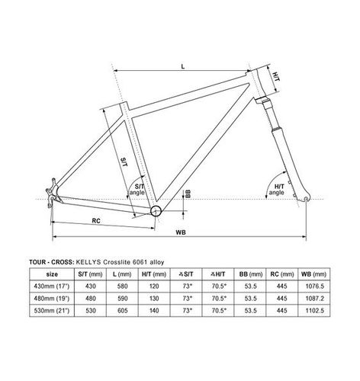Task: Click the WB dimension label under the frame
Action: [180, 231]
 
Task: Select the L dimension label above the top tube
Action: [183, 67]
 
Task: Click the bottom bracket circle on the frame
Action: [156, 210]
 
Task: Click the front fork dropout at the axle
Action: [308, 200]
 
